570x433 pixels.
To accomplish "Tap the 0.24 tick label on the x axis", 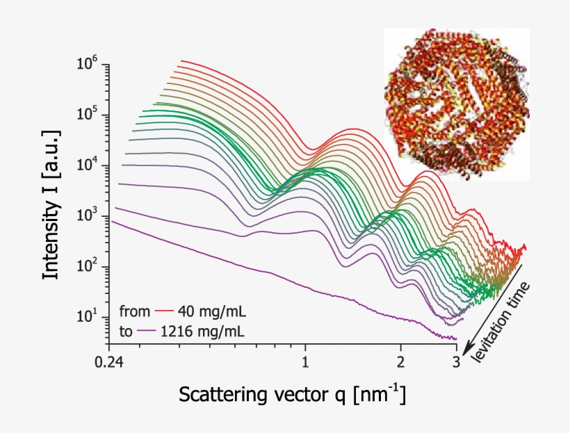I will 109,362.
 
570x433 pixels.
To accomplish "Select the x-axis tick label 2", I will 400,362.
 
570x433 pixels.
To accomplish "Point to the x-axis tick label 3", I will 456,362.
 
